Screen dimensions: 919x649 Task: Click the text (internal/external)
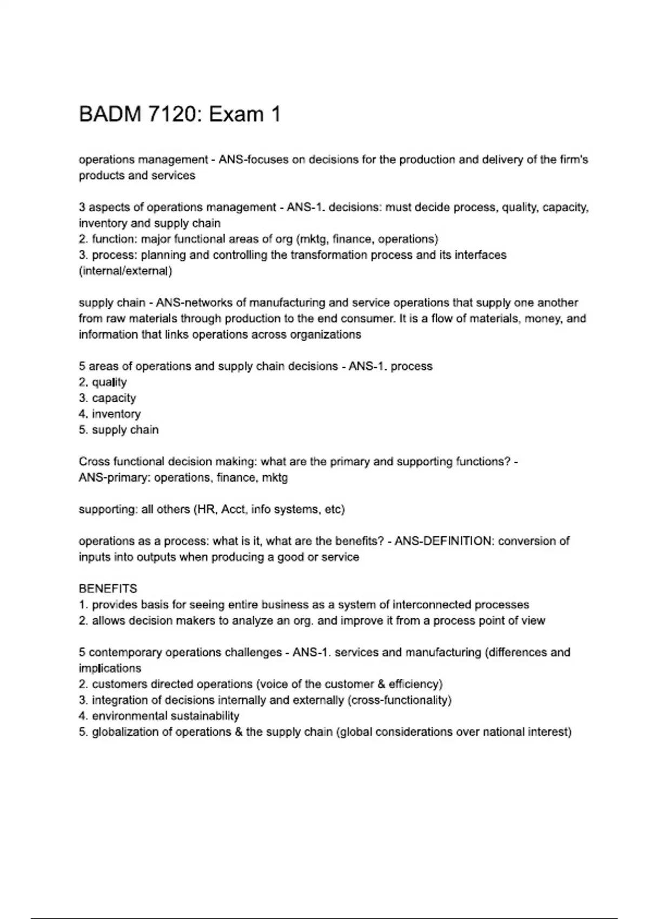pos(125,271)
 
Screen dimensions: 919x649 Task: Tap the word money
pos(542,318)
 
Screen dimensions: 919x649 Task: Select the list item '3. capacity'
pos(107,398)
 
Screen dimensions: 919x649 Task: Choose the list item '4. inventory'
pos(109,414)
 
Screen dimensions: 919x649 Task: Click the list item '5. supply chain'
pos(118,430)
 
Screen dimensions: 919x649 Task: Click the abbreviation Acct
pos(234,509)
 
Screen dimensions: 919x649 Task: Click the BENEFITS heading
pos(108,589)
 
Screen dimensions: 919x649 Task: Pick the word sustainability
pos(204,716)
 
